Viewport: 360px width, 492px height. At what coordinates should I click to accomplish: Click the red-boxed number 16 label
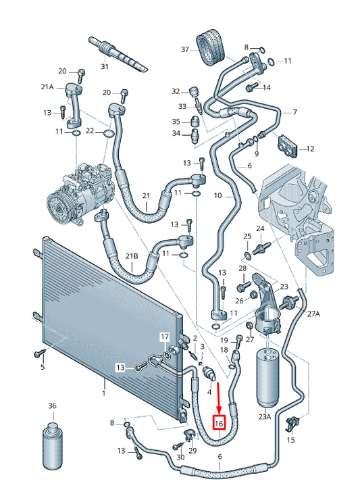coord(219,423)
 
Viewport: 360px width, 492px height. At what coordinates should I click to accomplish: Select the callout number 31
coord(105,66)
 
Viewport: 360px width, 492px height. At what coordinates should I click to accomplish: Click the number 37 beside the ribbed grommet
coord(185,49)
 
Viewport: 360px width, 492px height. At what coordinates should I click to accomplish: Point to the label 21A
coord(47,87)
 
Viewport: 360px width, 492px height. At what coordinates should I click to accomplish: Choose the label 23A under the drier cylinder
coord(264,416)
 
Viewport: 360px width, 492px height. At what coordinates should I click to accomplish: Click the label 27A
coord(313,314)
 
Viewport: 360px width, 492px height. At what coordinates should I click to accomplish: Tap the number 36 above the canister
coord(53,405)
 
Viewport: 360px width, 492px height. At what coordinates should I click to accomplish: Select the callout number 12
coord(310,149)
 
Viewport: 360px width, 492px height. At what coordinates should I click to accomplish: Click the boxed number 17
coord(165,338)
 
